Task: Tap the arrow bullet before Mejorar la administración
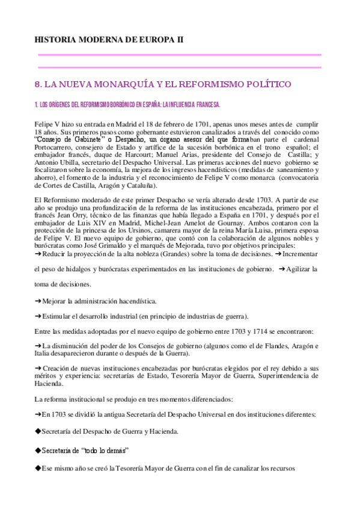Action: pyautogui.click(x=38, y=300)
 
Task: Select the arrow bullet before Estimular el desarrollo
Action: pyautogui.click(x=38, y=316)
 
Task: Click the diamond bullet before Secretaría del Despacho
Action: pyautogui.click(x=38, y=431)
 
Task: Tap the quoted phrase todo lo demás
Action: pyautogui.click(x=100, y=450)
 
